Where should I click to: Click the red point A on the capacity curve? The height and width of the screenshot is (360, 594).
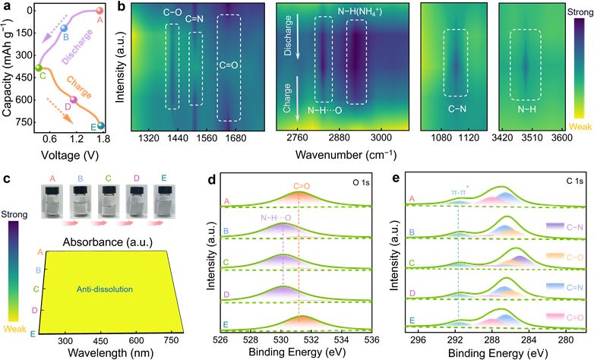[x=100, y=11]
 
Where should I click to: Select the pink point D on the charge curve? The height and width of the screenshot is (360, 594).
[x=73, y=99]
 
